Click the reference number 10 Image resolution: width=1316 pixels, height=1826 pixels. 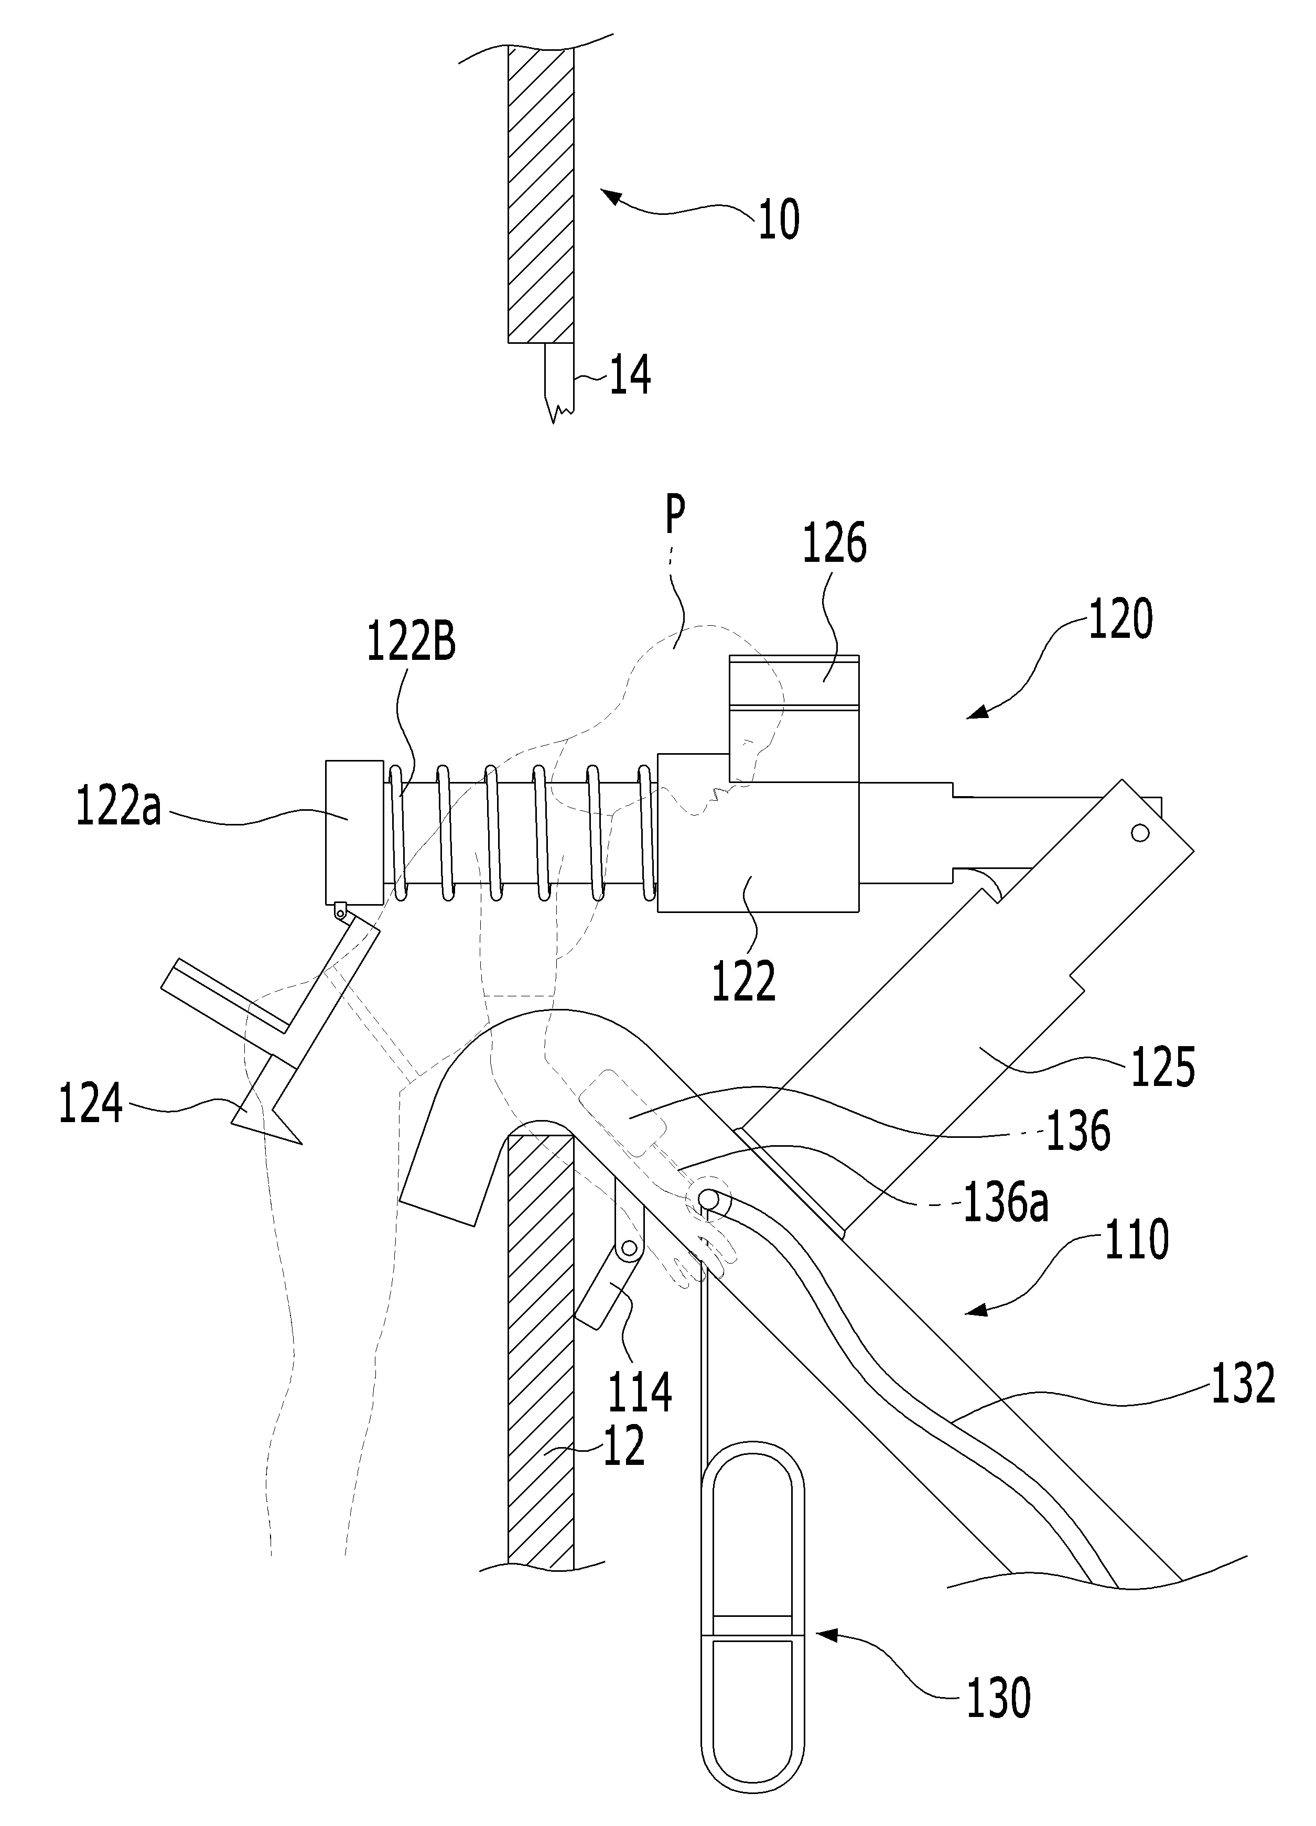pyautogui.click(x=779, y=219)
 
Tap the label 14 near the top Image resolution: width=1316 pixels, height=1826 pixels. pyautogui.click(x=630, y=375)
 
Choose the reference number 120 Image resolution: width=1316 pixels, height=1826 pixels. pyautogui.click(x=1120, y=620)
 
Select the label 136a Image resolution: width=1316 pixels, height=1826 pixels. pyautogui.click(x=1007, y=1205)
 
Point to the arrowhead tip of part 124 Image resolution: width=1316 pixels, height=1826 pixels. pyautogui.click(x=301, y=1143)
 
